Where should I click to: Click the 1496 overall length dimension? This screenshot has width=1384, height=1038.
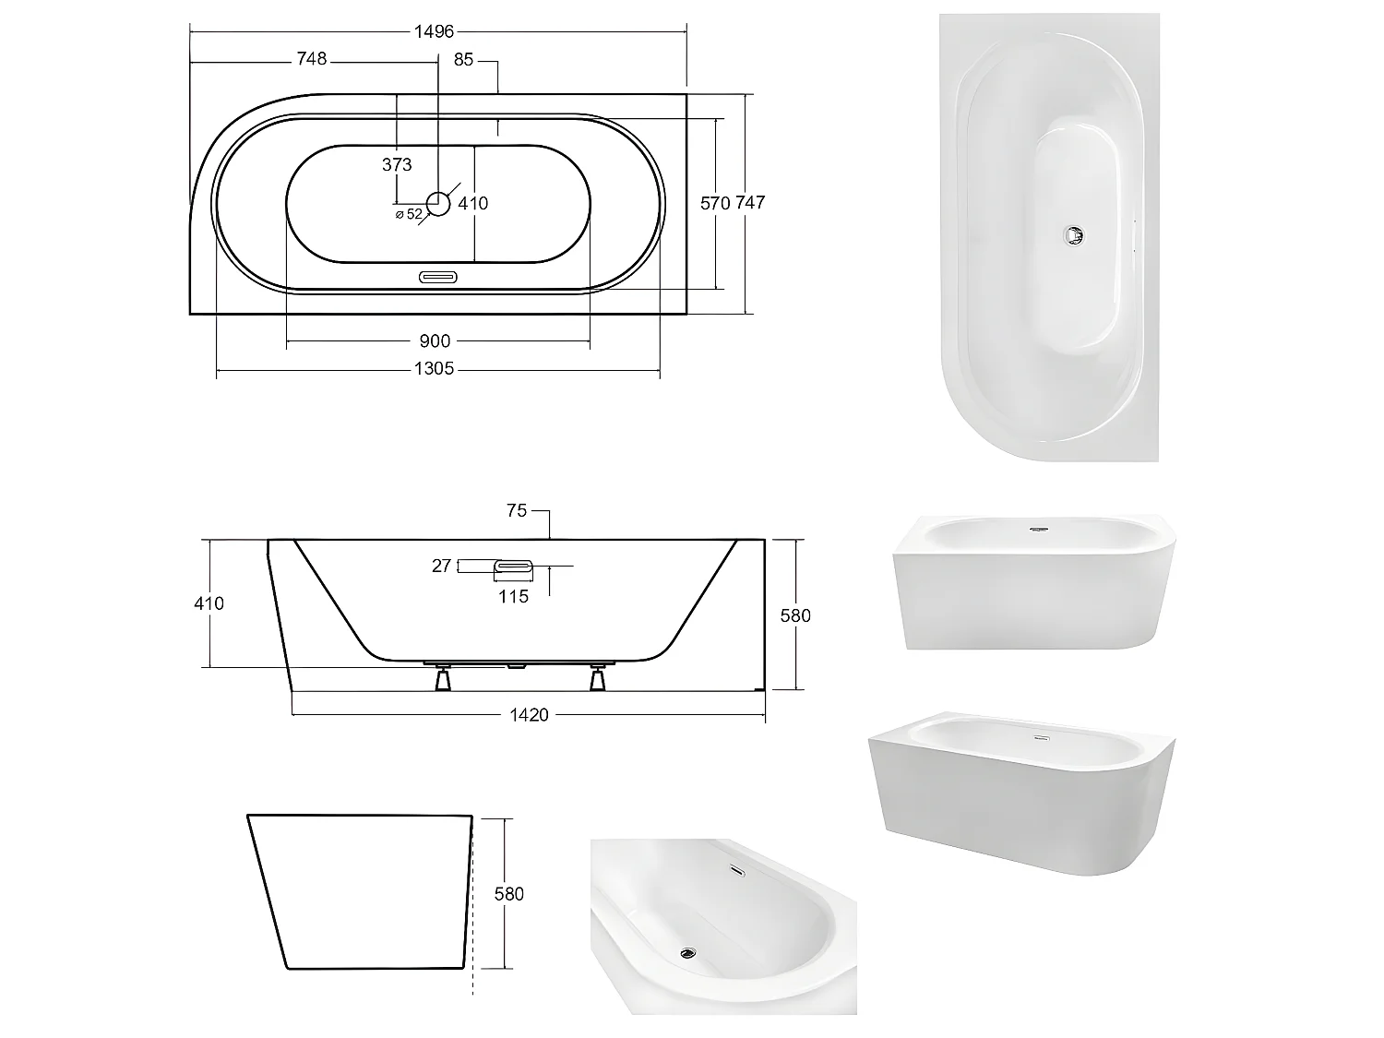point(434,31)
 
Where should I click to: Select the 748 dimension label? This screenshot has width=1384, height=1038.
point(311,59)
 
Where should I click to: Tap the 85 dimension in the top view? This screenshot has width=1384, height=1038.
point(463,59)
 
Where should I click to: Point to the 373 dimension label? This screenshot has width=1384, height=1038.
point(397,165)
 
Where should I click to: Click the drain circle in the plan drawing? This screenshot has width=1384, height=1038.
point(438,203)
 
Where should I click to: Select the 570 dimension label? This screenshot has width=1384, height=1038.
point(714,203)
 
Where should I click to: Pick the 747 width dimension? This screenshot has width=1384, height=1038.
point(750,202)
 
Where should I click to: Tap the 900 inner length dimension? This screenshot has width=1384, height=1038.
point(435,341)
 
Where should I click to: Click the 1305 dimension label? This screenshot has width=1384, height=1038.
point(434,369)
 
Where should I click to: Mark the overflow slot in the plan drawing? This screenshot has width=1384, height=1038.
point(438,276)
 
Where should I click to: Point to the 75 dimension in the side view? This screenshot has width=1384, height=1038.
point(517,510)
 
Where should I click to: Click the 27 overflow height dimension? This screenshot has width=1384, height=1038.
point(441,566)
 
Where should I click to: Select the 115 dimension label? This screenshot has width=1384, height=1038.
point(513,596)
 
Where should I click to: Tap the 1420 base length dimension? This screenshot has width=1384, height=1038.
point(530,714)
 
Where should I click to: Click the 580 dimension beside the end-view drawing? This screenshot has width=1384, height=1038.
point(508,893)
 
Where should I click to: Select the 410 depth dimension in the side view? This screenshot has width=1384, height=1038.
point(209,603)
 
